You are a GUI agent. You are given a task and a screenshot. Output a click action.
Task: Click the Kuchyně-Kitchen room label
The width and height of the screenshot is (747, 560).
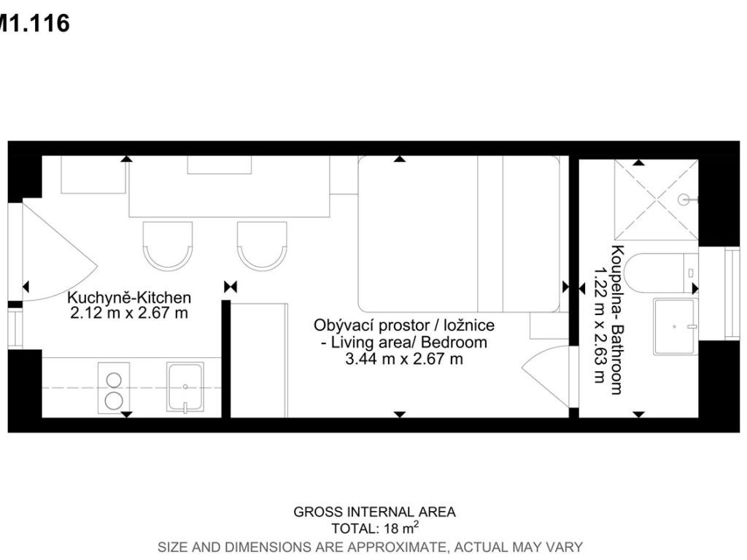click(129, 297)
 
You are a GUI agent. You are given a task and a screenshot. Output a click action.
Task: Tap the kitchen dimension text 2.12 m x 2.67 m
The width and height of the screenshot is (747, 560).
click(129, 314)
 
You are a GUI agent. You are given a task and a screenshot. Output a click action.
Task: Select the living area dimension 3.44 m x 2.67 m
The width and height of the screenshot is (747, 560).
click(404, 359)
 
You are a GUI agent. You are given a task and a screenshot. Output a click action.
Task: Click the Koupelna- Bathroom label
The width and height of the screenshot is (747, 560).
click(617, 320)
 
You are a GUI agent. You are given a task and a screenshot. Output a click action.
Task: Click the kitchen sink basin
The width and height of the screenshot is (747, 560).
click(185, 386)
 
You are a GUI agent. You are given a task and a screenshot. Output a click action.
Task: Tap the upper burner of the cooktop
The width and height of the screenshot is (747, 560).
click(114, 380)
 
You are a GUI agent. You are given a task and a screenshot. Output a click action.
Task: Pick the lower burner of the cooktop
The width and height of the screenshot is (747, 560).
click(114, 401)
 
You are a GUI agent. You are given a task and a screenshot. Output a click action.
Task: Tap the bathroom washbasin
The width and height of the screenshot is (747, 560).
click(674, 327)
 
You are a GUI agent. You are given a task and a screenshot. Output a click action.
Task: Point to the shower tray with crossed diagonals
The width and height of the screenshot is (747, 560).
click(657, 200)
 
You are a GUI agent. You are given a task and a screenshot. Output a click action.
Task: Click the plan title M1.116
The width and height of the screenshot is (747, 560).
click(34, 23)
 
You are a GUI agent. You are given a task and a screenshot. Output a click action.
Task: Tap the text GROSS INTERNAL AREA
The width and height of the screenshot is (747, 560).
click(374, 512)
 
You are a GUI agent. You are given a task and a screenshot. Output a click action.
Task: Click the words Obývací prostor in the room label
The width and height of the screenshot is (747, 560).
click(371, 326)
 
